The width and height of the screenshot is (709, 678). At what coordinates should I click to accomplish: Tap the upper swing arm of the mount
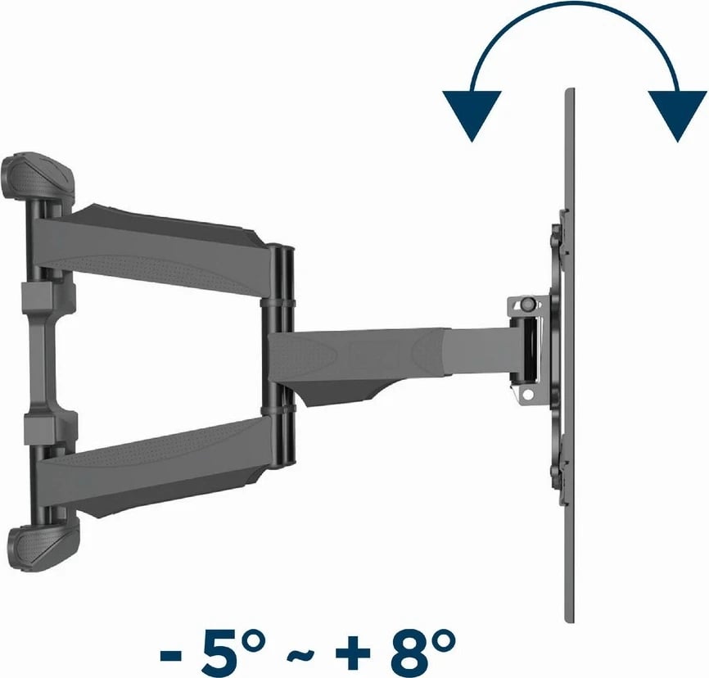[164, 241]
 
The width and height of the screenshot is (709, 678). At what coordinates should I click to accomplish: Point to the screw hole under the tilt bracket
[528, 395]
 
